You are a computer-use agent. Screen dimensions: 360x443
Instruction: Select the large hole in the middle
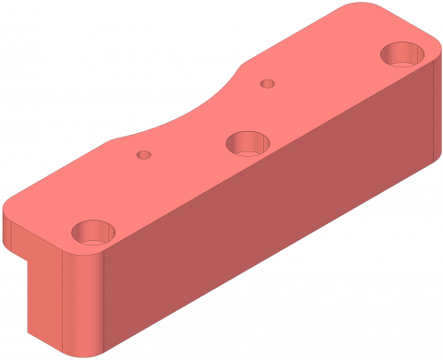click(x=246, y=143)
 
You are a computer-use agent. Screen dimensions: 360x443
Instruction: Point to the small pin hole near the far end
click(x=268, y=83)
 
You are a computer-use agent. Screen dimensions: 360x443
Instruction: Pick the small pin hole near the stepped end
click(x=143, y=155)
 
